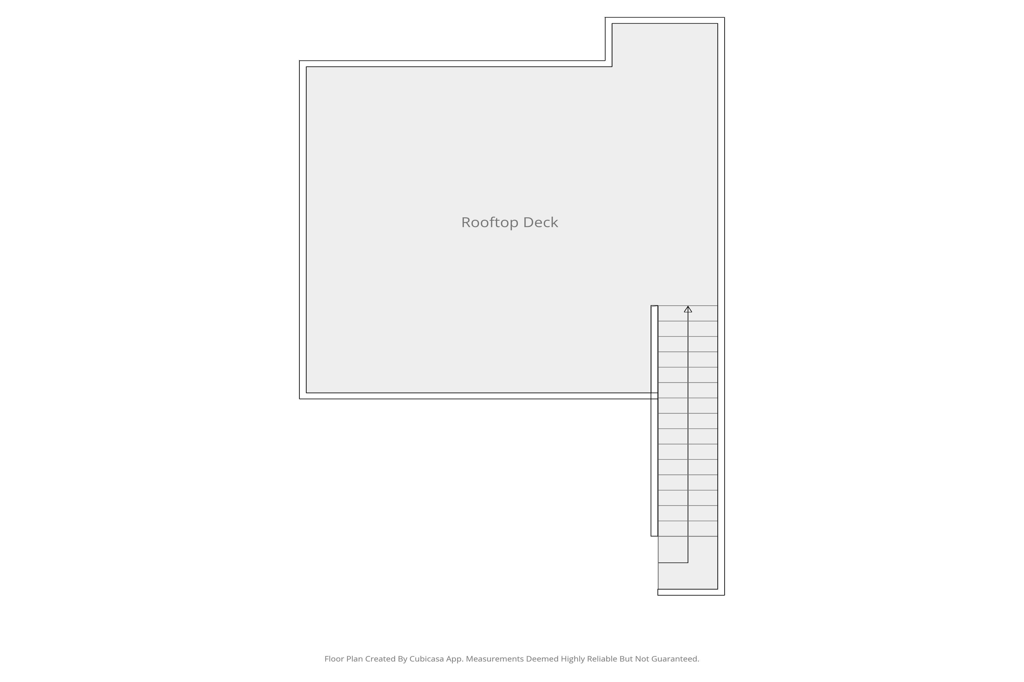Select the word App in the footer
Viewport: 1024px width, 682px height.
455,659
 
